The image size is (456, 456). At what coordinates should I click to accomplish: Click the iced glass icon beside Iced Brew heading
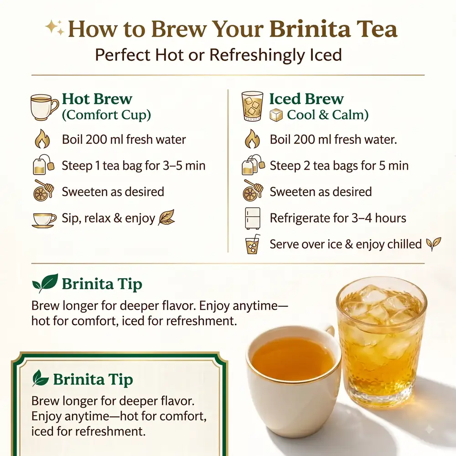(x=253, y=106)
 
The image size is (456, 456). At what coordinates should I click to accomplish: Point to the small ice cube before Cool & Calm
(x=276, y=115)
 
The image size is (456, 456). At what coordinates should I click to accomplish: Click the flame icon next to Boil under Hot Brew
(x=42, y=139)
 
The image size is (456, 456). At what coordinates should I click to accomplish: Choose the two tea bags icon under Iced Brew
(x=253, y=165)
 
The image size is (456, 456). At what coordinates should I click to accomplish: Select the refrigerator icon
(x=253, y=218)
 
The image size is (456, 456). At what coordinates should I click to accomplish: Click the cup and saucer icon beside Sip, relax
(x=44, y=220)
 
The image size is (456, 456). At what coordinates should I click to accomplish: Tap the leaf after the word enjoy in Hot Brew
(x=166, y=218)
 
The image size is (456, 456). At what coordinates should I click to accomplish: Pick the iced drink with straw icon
(x=253, y=244)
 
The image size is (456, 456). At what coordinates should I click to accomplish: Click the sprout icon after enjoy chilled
(x=433, y=244)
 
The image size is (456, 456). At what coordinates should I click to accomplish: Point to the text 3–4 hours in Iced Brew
(x=378, y=218)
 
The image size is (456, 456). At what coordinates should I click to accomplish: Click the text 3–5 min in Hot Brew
(x=184, y=166)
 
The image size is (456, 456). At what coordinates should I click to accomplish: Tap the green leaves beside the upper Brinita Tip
(x=45, y=283)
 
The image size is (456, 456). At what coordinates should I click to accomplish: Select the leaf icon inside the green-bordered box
(x=40, y=378)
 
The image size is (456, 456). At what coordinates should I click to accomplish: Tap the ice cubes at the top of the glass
(x=381, y=304)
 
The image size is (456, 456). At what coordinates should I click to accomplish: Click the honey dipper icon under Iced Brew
(x=253, y=191)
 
